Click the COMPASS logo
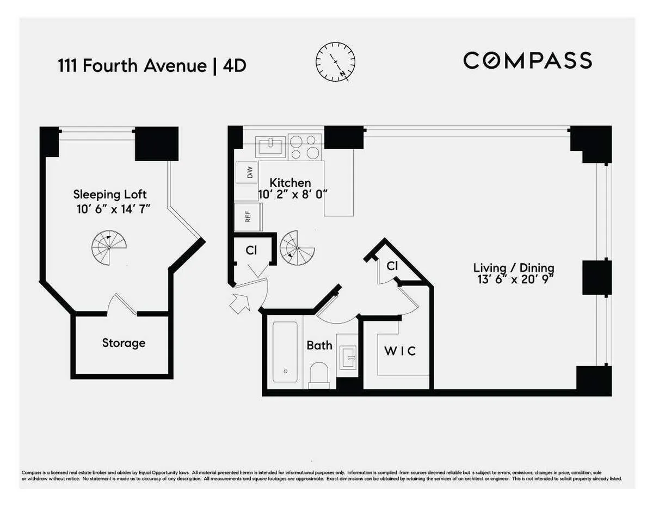pos(527,60)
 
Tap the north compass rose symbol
pos(336,60)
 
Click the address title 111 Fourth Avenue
pos(132,66)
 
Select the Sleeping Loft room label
pos(110,194)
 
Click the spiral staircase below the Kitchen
pos(297,248)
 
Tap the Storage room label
pos(124,343)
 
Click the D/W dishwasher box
pos(250,173)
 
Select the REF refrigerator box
pos(248,217)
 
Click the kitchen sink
pos(270,147)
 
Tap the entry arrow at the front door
pos(239,303)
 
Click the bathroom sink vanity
pos(348,357)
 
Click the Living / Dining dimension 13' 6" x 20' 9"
pos(513,281)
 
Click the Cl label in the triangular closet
pos(392,266)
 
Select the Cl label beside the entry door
pos(251,250)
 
